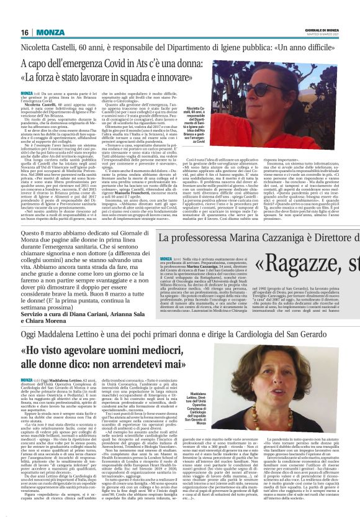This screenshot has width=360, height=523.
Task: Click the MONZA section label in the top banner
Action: tap(50, 32)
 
